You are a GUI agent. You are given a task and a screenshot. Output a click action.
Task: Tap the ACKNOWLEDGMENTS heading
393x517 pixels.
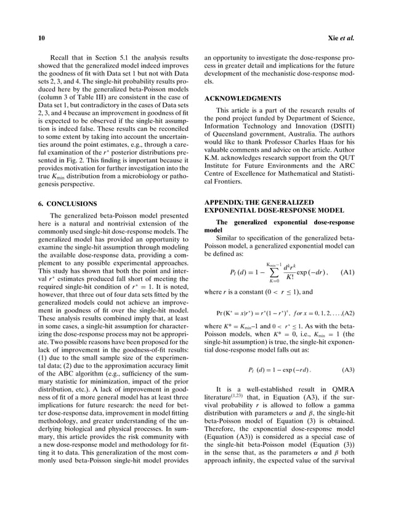pyautogui.click(x=243, y=98)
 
